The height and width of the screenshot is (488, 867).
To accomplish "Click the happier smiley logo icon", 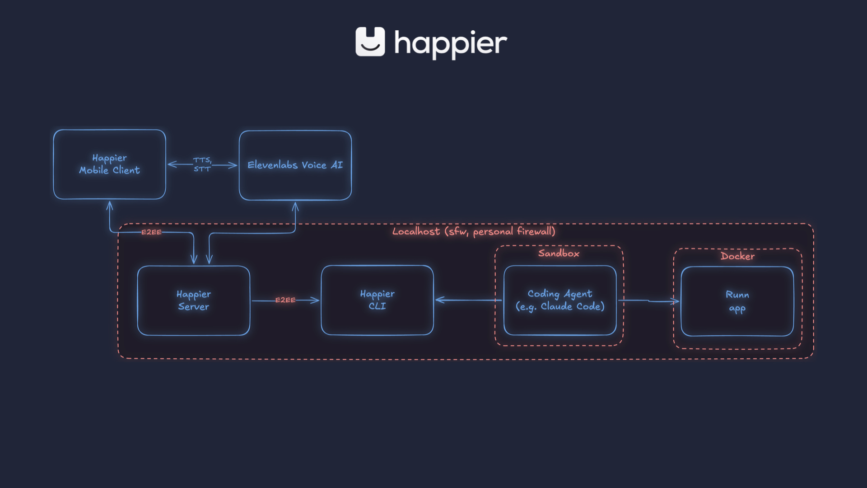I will click(370, 42).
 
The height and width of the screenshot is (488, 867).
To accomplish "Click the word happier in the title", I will click(451, 44).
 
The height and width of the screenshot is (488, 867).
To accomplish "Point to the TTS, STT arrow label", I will click(202, 164).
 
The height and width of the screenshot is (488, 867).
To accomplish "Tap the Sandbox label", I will click(559, 253).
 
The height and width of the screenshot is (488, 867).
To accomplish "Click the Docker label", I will click(737, 256).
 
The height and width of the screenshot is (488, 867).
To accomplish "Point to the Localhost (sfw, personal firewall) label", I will click(474, 232).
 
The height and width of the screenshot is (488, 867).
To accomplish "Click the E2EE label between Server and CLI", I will click(285, 300).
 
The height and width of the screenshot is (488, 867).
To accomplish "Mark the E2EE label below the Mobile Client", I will click(151, 232).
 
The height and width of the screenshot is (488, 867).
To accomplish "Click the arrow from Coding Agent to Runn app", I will click(648, 300).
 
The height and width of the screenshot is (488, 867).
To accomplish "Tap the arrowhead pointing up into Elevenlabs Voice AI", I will click(295, 206).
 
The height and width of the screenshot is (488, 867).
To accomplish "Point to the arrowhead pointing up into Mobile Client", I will click(109, 206).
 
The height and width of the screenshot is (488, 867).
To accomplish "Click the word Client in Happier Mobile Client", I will click(126, 170).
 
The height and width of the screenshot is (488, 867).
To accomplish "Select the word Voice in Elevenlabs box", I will click(314, 165).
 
